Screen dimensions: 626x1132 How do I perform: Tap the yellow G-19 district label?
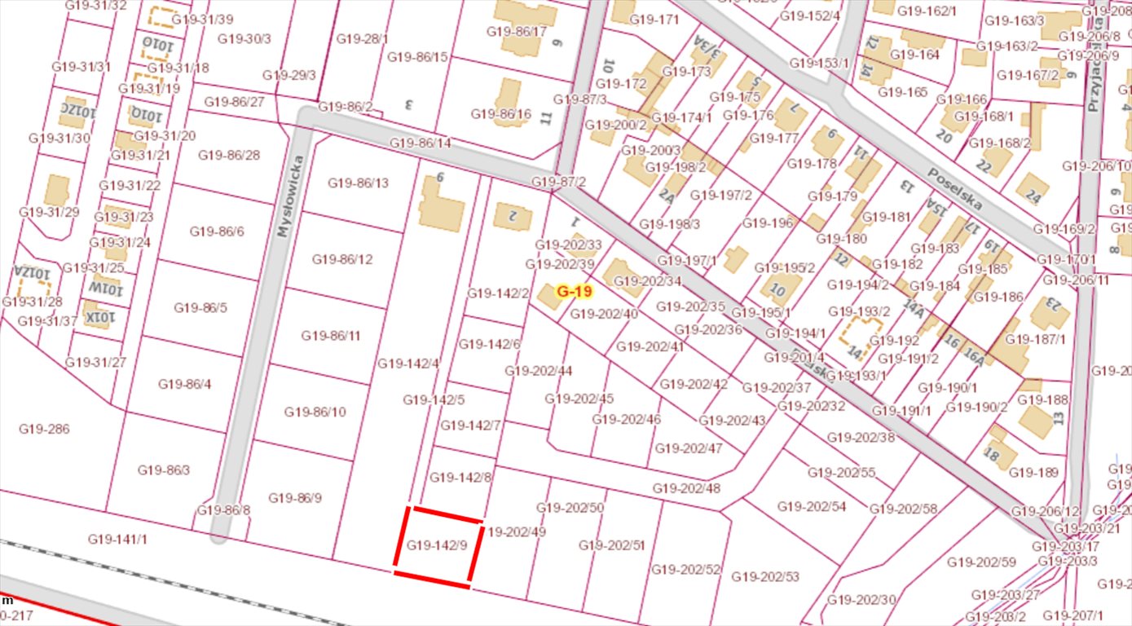pos(574,290)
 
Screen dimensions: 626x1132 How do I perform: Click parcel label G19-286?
pos(44,429)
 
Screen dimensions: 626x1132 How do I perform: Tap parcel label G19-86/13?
pos(359,183)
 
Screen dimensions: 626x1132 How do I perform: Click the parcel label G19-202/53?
pos(764,576)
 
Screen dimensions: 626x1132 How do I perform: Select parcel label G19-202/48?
pos(686,488)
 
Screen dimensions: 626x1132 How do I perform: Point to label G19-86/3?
pos(164,469)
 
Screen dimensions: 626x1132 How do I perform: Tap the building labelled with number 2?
pos(513,216)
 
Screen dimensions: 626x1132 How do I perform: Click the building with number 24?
pos(1033,189)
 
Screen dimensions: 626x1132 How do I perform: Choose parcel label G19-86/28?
pos(230,155)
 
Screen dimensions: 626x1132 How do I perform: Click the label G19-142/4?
pos(408,363)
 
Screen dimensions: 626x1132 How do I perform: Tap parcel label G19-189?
pos(1034,472)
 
